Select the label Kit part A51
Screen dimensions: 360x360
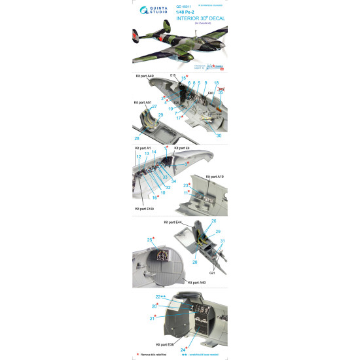[144, 103]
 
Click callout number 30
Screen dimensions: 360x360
[219, 135]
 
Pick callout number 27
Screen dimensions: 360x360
[154, 106]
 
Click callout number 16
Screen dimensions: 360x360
[155, 196]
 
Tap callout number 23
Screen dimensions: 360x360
[185, 186]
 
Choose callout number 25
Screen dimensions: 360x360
[149, 240]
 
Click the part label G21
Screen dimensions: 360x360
[212, 272]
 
